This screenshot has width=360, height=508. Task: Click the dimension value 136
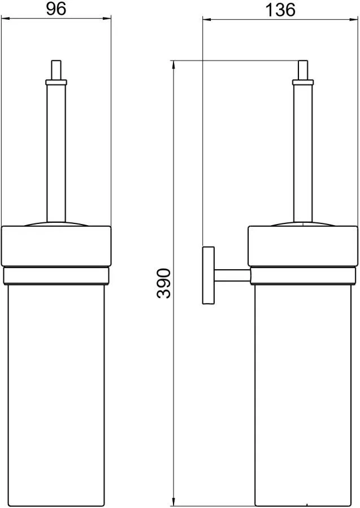point(280,10)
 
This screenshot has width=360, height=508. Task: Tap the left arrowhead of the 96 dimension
point(6,19)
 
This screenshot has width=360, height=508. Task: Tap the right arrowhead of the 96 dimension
point(107,19)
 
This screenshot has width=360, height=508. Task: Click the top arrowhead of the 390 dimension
point(174,64)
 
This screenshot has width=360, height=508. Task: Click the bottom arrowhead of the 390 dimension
point(174,502)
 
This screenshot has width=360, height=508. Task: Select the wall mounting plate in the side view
point(209,275)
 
